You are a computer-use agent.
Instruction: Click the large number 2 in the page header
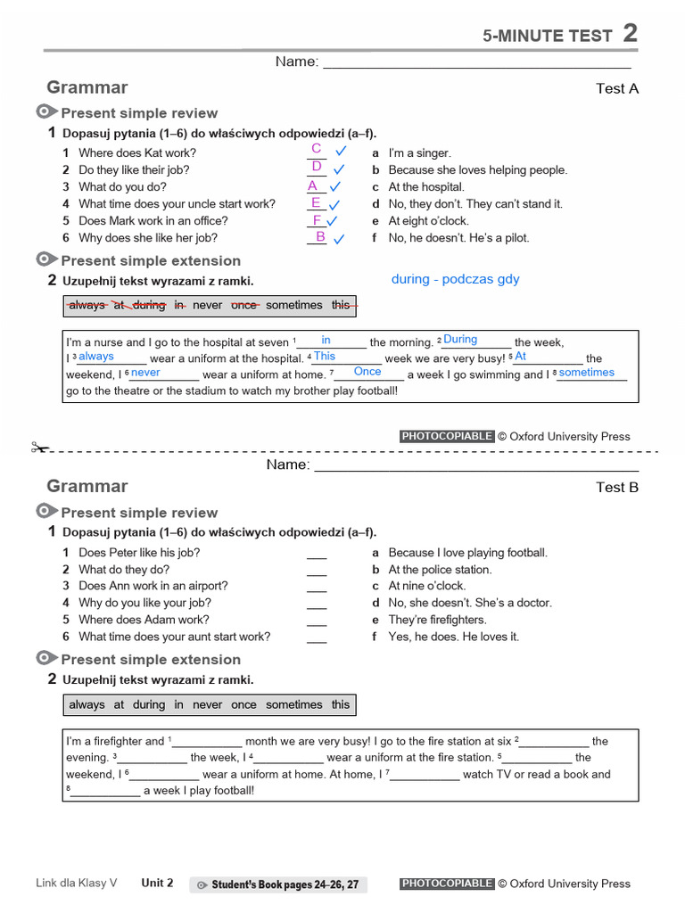(x=630, y=33)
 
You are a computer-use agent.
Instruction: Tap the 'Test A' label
(x=617, y=88)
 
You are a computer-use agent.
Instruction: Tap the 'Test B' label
(x=617, y=487)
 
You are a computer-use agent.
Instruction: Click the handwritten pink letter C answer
(x=316, y=149)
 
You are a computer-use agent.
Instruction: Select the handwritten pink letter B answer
(x=320, y=236)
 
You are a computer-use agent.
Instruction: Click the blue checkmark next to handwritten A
(x=335, y=187)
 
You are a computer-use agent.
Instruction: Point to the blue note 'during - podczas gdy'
(x=455, y=279)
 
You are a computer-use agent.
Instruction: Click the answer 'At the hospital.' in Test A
(x=426, y=187)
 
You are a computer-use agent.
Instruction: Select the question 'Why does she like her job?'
(x=148, y=238)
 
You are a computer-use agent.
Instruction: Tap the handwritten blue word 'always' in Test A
(x=96, y=357)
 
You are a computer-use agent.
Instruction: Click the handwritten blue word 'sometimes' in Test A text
(x=587, y=373)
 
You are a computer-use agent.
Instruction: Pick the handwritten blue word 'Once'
(x=367, y=372)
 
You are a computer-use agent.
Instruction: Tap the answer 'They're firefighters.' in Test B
(x=437, y=620)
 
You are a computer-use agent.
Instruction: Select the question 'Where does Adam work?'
(x=144, y=620)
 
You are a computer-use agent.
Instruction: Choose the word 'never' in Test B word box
(x=207, y=704)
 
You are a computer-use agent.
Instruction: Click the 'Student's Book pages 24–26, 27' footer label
(x=278, y=884)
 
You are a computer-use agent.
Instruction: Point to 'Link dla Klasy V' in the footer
(x=77, y=884)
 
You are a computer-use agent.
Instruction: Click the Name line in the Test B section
(x=476, y=466)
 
